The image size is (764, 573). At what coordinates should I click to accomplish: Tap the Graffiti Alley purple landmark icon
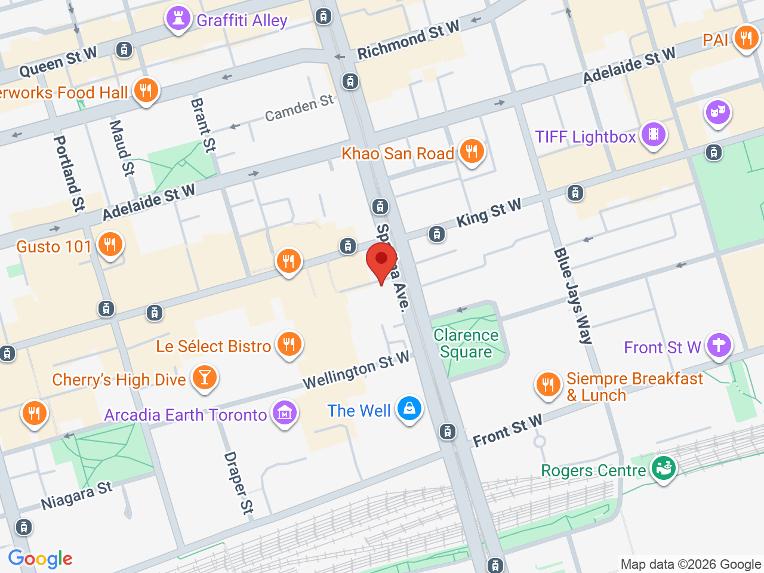click(x=178, y=19)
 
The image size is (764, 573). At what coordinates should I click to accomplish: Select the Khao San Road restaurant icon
click(x=472, y=152)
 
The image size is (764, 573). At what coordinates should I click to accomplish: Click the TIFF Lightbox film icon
click(x=654, y=135)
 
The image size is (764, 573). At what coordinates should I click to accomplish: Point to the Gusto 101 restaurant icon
click(x=110, y=245)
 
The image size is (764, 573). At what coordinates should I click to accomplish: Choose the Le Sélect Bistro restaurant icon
click(x=289, y=344)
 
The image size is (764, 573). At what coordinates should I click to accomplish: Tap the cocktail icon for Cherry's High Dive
click(x=204, y=378)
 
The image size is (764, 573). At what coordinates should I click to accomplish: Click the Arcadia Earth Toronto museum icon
click(x=284, y=413)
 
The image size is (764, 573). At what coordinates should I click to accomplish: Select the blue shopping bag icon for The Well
click(x=409, y=409)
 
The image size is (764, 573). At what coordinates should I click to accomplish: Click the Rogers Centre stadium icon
click(x=663, y=469)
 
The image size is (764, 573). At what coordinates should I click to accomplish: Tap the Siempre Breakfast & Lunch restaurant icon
click(x=548, y=385)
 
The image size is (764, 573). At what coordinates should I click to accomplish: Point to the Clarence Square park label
click(x=466, y=344)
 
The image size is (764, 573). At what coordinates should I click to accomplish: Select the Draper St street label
click(x=239, y=483)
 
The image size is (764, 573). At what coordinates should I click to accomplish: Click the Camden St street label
click(x=299, y=107)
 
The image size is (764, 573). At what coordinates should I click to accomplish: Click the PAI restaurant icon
click(x=745, y=38)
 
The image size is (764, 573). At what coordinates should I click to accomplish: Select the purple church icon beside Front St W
click(x=719, y=346)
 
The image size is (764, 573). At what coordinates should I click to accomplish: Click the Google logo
click(x=40, y=559)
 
